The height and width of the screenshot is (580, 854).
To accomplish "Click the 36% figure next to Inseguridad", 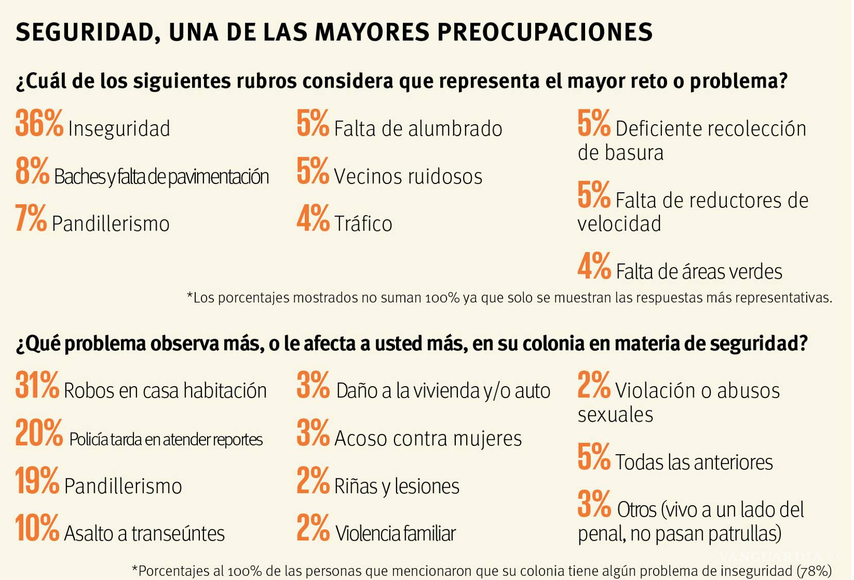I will point(39,124).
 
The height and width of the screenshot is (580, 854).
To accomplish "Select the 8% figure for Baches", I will point(32,172).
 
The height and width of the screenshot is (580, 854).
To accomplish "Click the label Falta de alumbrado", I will point(418,129).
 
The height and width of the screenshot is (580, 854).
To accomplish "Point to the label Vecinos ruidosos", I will point(408,177).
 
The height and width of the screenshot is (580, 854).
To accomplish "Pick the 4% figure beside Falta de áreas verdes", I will point(594,267).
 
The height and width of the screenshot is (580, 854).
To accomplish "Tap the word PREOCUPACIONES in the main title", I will point(545,32).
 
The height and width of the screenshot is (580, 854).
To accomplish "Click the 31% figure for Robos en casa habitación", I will point(37,386).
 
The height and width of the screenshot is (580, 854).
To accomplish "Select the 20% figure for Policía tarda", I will point(39,434).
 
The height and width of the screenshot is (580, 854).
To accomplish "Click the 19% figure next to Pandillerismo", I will point(37,481).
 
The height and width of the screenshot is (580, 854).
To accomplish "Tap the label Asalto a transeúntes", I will point(144,534).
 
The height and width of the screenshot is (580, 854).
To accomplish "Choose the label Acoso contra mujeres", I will point(428,439).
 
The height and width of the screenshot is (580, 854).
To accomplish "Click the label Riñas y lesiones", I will point(397,486).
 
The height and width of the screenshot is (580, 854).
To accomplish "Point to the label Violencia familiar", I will point(396,534).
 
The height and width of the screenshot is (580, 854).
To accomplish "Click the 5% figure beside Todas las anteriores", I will point(593,457).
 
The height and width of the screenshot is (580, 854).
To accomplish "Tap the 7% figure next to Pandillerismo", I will point(31,219).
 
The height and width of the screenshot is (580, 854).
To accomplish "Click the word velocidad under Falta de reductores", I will point(619,224).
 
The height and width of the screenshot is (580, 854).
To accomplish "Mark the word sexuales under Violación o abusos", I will point(615,415).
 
